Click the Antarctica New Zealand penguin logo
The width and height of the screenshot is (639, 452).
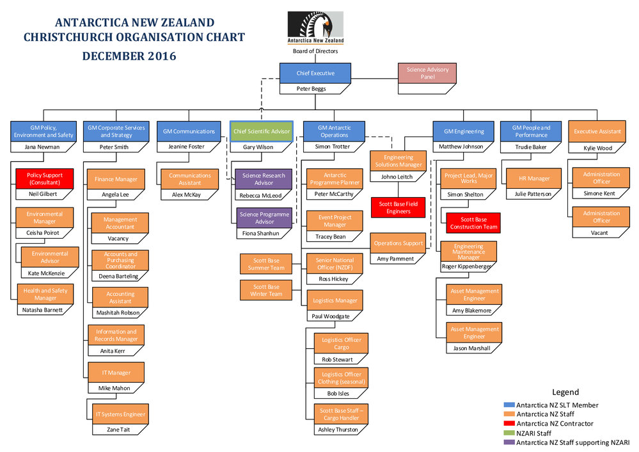point(315,28)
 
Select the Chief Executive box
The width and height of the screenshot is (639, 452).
point(315,74)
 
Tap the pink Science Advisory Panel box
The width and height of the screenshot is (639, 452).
point(427,74)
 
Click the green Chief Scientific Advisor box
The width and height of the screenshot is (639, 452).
point(261,131)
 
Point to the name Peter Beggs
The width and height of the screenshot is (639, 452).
point(312,88)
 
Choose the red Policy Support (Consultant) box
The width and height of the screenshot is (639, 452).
point(44,179)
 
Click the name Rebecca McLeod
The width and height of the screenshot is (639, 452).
point(260,195)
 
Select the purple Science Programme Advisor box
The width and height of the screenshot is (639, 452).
point(264,218)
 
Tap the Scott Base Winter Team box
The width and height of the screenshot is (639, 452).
point(266,290)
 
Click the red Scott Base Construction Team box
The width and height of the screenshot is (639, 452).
point(473,223)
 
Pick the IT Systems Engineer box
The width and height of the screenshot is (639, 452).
point(120,414)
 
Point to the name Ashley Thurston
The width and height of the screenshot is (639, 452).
point(338,430)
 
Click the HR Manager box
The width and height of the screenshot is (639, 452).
point(534,179)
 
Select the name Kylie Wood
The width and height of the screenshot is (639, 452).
point(597,148)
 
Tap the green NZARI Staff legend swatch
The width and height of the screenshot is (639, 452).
point(509,433)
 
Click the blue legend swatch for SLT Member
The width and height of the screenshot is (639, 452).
point(509,405)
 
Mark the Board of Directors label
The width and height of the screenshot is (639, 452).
point(315,51)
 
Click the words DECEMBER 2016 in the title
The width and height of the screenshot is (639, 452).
point(129,56)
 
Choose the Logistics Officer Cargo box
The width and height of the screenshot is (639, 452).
point(341,344)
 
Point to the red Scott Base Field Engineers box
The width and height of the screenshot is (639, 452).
point(398,207)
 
